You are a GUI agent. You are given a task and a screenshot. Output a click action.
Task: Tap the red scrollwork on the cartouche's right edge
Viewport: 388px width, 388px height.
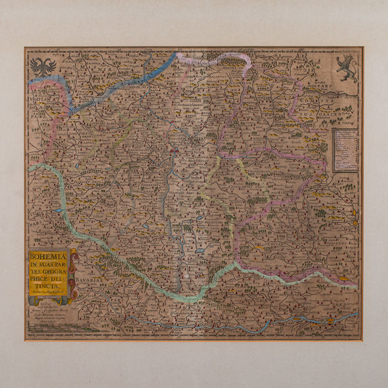[72, 275]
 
